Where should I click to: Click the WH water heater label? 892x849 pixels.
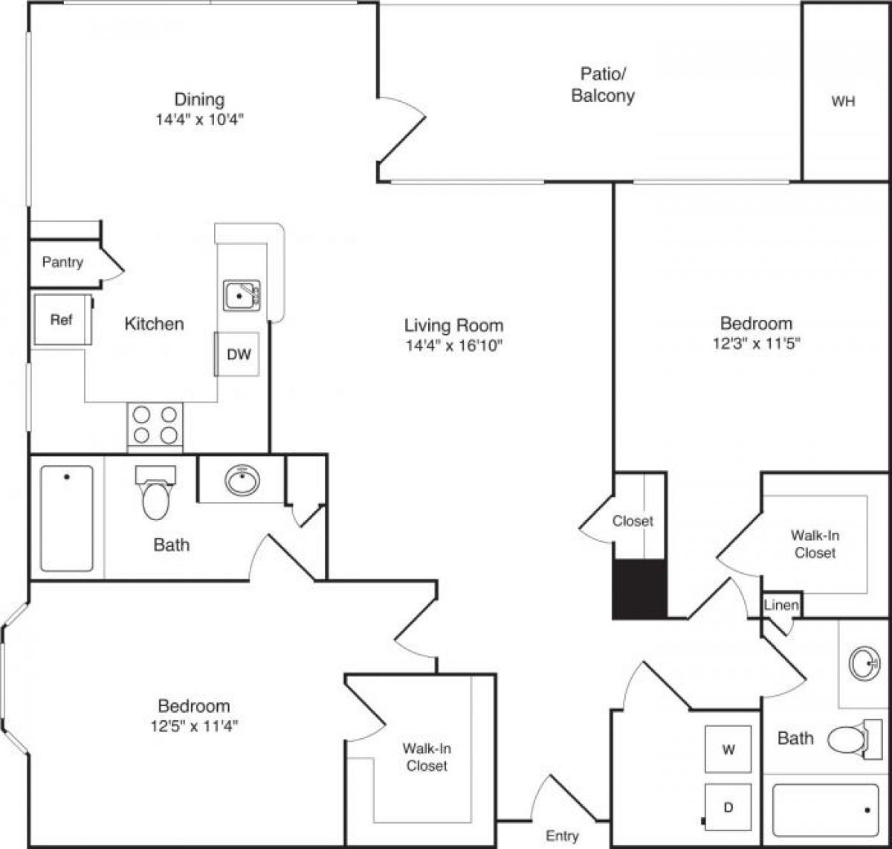pyautogui.click(x=842, y=102)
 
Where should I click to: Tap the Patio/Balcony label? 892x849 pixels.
pyautogui.click(x=602, y=85)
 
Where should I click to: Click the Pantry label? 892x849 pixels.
pyautogui.click(x=62, y=263)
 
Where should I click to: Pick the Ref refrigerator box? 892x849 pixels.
pyautogui.click(x=62, y=320)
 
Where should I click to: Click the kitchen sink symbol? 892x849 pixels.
pyautogui.click(x=242, y=295)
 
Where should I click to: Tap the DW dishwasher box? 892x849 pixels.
pyautogui.click(x=238, y=354)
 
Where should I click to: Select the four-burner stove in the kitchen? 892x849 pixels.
pyautogui.click(x=155, y=426)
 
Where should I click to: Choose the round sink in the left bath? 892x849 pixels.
pyautogui.click(x=242, y=481)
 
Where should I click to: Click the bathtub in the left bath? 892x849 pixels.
pyautogui.click(x=67, y=518)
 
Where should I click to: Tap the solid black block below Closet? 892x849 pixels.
pyautogui.click(x=639, y=589)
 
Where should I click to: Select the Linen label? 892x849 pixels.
pyautogui.click(x=781, y=605)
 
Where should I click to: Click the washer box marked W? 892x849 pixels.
pyautogui.click(x=728, y=749)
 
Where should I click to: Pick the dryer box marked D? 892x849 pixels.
pyautogui.click(x=728, y=807)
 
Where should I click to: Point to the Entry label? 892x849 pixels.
pyautogui.click(x=562, y=836)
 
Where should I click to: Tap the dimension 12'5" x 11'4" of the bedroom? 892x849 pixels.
pyautogui.click(x=193, y=726)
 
